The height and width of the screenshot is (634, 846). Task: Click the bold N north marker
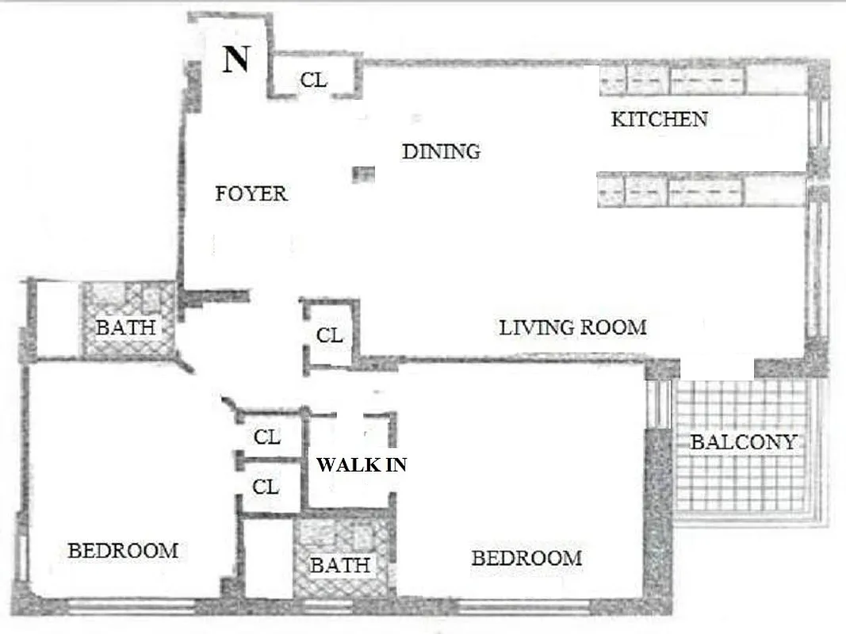235,59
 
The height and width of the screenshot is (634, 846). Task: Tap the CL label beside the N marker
314,80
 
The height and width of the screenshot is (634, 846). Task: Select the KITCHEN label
659,120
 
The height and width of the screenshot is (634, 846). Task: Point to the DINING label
441,151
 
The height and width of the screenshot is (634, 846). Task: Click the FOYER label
251,193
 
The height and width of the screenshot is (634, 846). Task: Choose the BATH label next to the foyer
124,327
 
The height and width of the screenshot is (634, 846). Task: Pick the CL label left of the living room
329,335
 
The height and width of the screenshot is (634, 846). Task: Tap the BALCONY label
742,442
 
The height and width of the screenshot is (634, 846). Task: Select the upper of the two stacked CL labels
266,437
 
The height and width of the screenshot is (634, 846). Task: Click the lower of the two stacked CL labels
266,487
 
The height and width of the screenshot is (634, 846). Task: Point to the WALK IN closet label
362,465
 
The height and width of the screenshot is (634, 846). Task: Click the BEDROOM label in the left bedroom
123,550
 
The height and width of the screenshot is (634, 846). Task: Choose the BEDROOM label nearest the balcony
526,558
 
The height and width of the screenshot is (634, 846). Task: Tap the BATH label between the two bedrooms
339,565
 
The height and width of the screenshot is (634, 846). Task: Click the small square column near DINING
363,174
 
